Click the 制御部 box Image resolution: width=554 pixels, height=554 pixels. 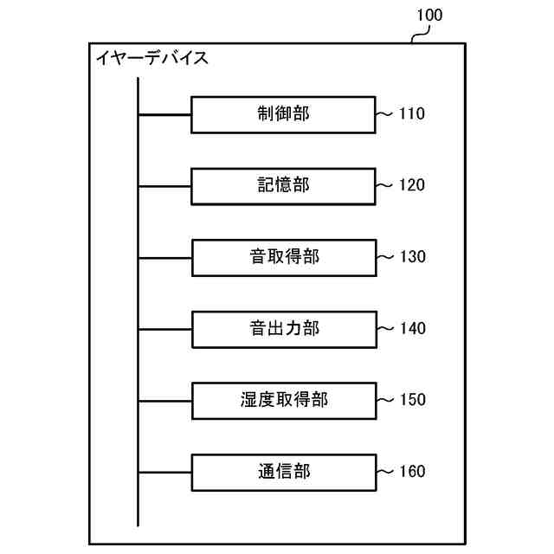pos(283,114)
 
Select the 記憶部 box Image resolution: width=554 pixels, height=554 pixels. pos(283,186)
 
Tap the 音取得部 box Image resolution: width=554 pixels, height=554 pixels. pos(283,258)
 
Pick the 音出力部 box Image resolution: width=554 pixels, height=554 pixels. pos(283,330)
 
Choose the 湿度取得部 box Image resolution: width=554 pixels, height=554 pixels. pos(283,401)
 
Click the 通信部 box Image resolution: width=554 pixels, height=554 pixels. pos(283,473)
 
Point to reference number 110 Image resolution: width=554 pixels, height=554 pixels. pos(412,113)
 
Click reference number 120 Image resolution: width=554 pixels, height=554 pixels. pos(412,185)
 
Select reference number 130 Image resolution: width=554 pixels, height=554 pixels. pos(412,257)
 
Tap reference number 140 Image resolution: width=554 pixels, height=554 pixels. pos(412,329)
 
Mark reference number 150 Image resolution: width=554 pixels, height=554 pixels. pos(412,400)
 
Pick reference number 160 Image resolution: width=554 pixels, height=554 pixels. pos(412,472)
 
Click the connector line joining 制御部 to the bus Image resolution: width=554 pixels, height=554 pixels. pos(164,114)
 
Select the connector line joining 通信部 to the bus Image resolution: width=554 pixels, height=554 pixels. pos(164,473)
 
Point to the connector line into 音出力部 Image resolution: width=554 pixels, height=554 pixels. pos(164,330)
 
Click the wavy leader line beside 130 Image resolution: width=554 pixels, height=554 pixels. pos(385,257)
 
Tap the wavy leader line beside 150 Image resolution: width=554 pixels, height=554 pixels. pos(385,400)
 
